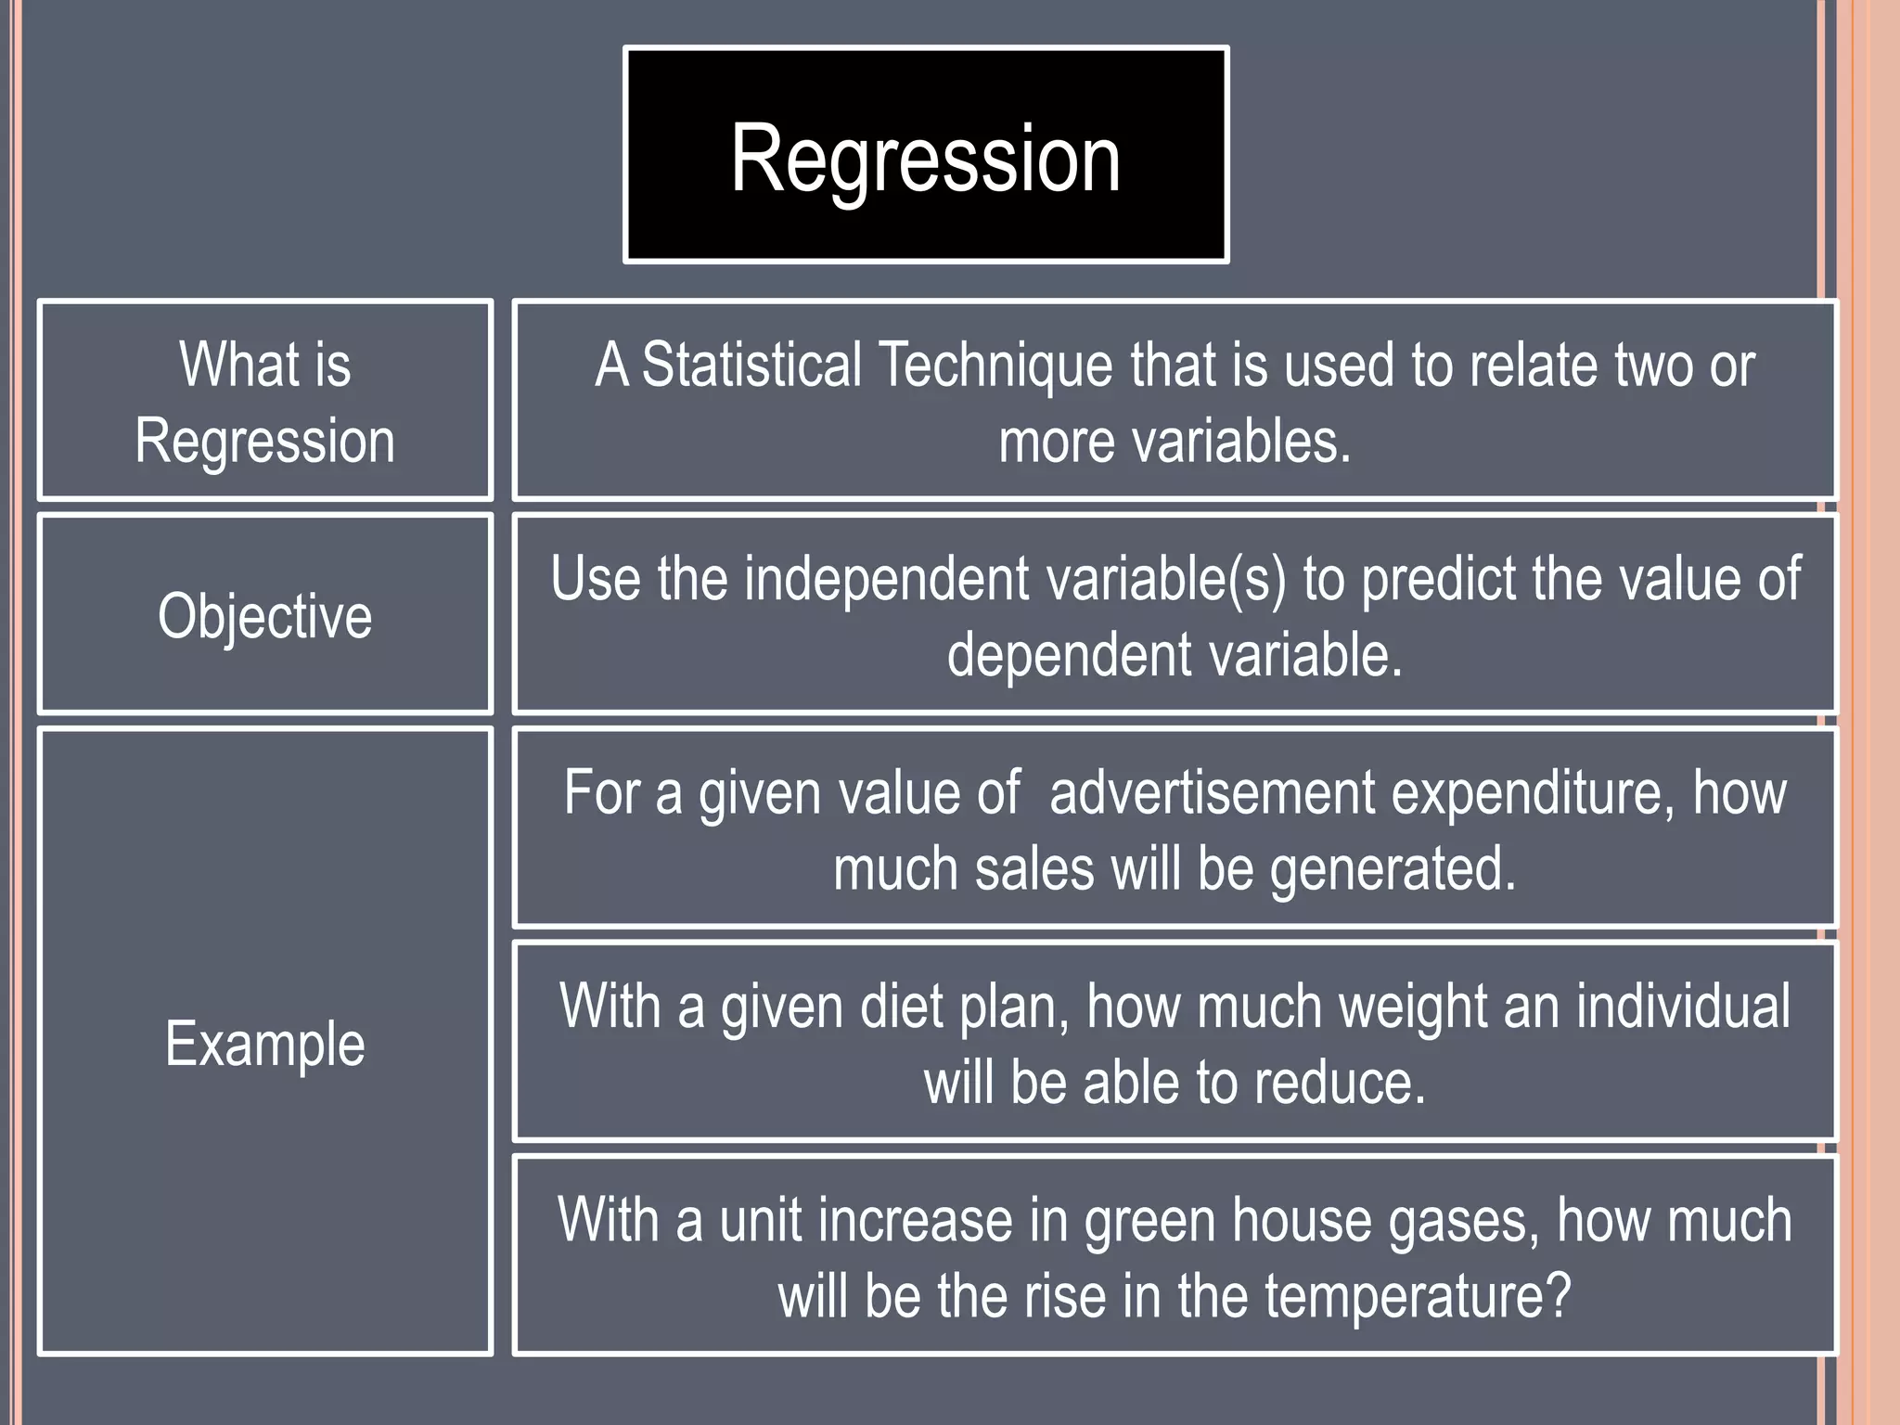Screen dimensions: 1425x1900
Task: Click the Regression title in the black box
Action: [925, 160]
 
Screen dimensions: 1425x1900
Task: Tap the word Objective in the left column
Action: [264, 616]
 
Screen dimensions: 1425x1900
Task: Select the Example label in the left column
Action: [264, 1044]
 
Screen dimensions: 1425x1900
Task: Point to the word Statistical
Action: [751, 365]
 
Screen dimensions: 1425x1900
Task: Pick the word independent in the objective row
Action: [886, 579]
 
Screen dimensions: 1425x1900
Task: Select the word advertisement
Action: [1212, 793]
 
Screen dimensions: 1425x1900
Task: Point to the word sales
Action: [1034, 869]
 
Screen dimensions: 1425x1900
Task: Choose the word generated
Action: [1391, 870]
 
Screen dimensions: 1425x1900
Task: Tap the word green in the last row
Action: [1149, 1221]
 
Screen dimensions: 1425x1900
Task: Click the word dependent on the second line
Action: [1068, 655]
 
